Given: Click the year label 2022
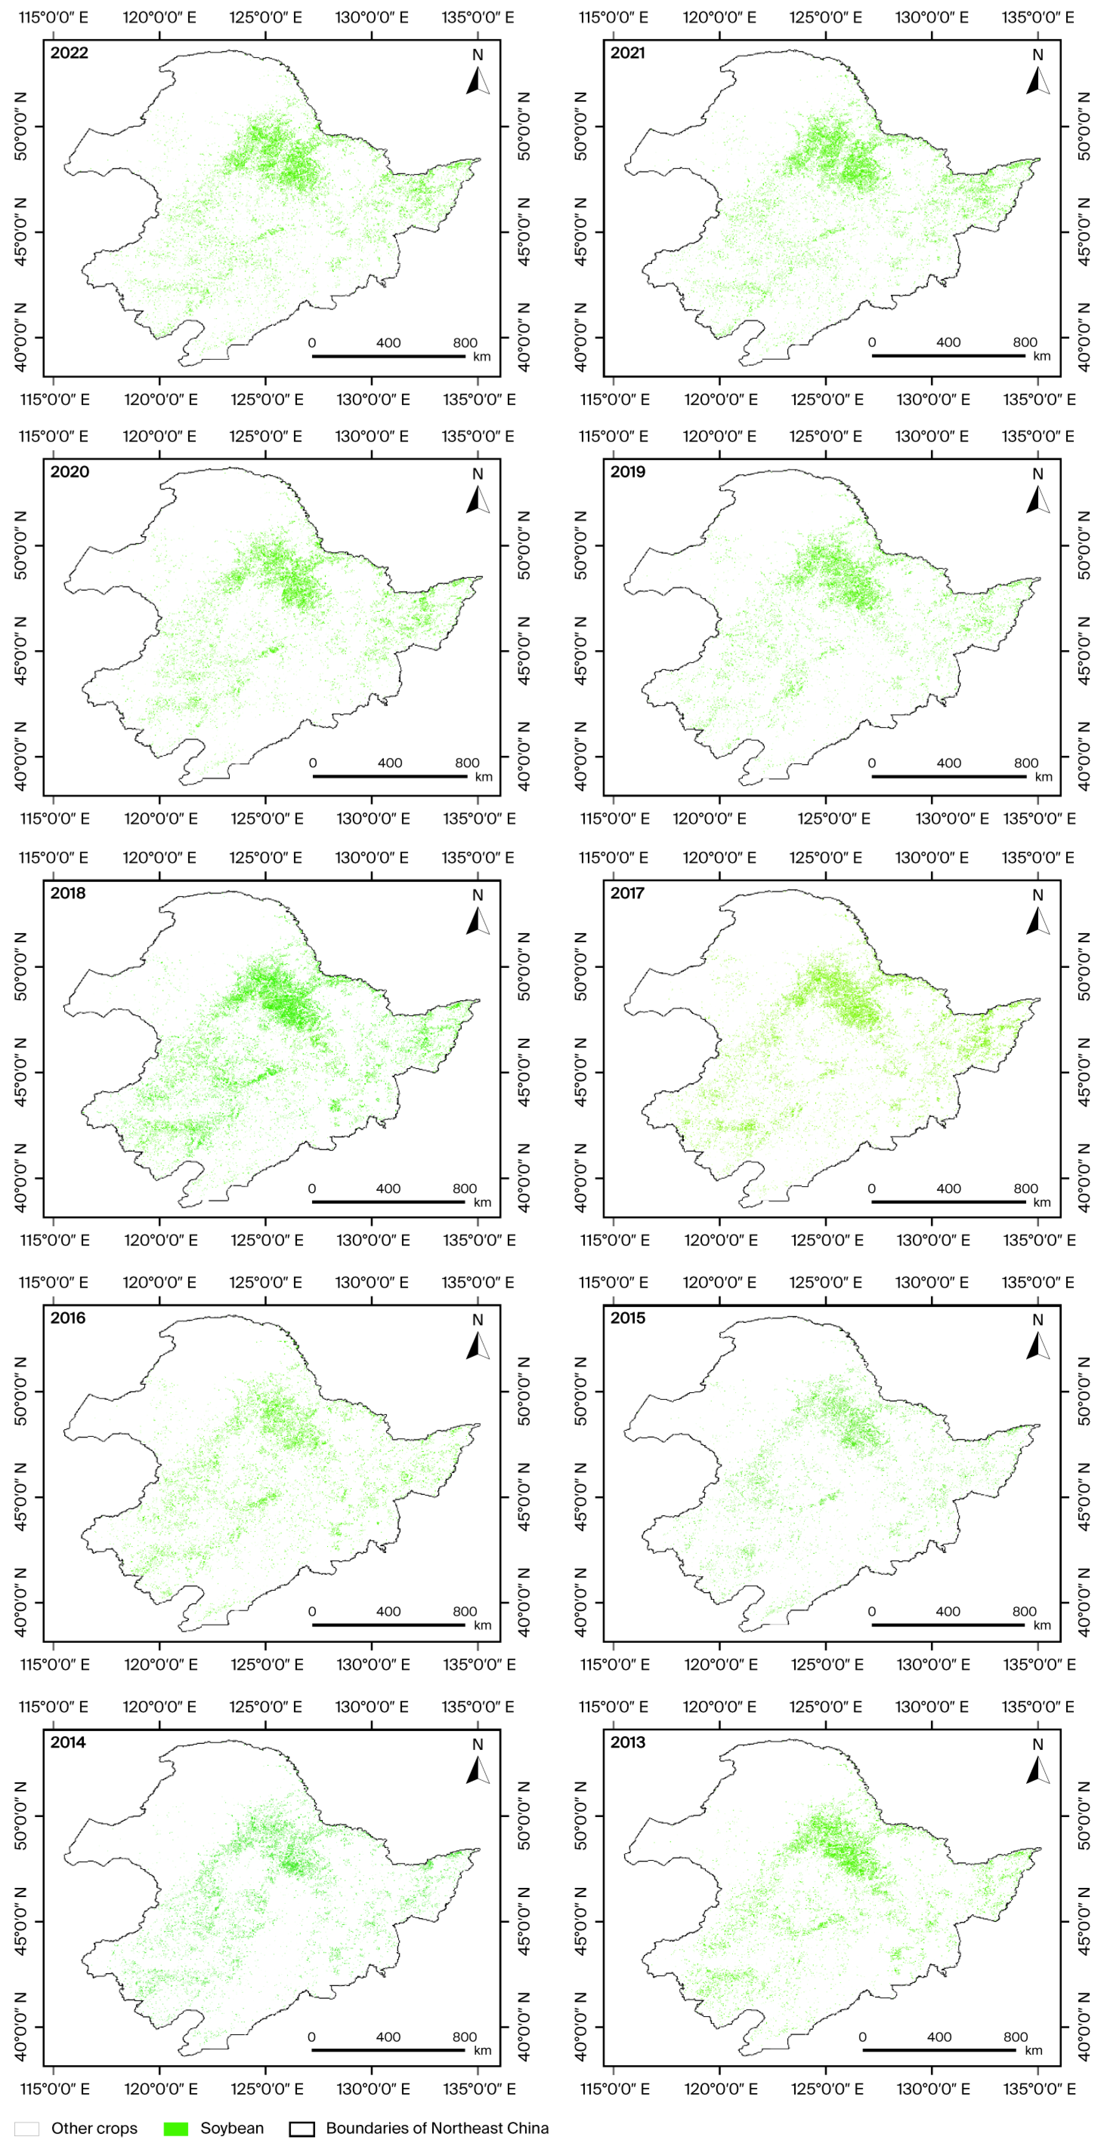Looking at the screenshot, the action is coord(69,52).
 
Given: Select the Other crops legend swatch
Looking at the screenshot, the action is coord(27,2128).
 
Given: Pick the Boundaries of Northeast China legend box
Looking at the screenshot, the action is coord(302,2128).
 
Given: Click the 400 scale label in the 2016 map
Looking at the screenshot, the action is coord(389,1611).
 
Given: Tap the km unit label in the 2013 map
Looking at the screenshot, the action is coord(1034,2050).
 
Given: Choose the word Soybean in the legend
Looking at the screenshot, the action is coord(232,2128).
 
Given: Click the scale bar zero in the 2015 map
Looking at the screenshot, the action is coord(872,1611).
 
